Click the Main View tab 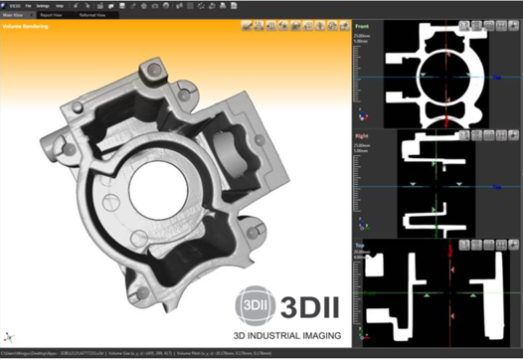click(16, 16)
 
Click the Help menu click(65, 5)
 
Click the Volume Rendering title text click(26, 26)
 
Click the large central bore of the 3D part click(163, 184)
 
